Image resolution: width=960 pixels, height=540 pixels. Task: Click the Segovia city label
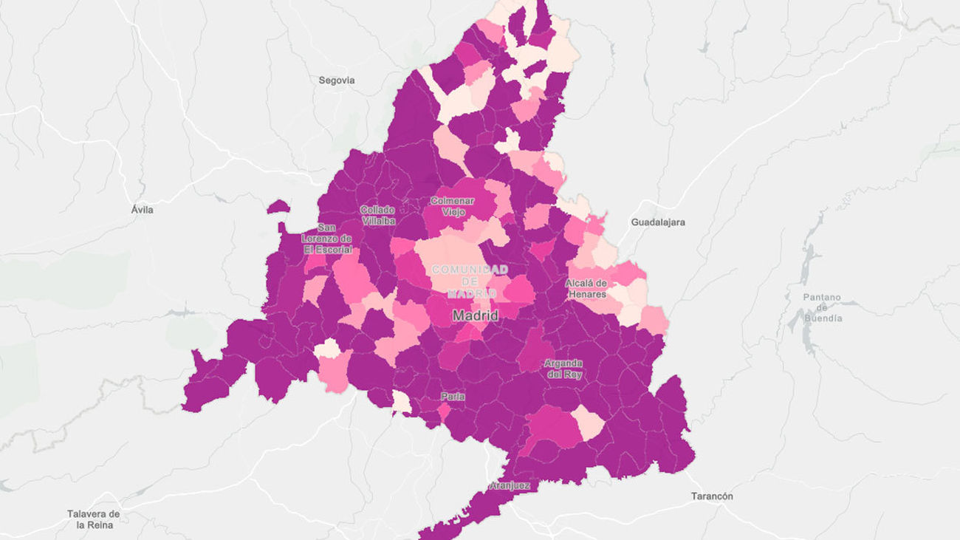(337, 80)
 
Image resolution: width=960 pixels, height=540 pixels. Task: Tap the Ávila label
(143, 210)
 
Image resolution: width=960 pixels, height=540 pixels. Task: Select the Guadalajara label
(658, 222)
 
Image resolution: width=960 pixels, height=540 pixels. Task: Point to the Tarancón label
(712, 496)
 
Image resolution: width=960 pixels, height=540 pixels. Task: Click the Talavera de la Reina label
(93, 519)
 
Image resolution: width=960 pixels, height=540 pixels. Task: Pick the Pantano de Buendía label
(822, 308)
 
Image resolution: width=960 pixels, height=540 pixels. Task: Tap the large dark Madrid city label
(475, 315)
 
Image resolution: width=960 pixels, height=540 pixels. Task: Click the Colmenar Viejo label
(453, 206)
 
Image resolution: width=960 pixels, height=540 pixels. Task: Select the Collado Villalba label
(378, 215)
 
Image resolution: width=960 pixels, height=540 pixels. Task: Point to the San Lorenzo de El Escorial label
(327, 239)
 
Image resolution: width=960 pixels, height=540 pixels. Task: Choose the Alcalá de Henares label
(586, 288)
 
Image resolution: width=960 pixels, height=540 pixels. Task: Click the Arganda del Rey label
(563, 369)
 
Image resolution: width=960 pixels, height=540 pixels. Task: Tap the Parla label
(453, 397)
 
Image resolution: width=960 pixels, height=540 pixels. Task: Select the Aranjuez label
(509, 486)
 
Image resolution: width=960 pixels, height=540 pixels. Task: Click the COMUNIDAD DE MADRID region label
(470, 281)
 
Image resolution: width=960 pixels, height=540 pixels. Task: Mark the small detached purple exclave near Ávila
(277, 207)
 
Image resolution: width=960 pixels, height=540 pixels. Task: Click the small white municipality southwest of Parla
(402, 402)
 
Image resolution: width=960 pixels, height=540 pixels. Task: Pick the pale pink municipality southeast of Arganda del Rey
(589, 423)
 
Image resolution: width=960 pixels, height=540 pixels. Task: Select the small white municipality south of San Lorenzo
(327, 349)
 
